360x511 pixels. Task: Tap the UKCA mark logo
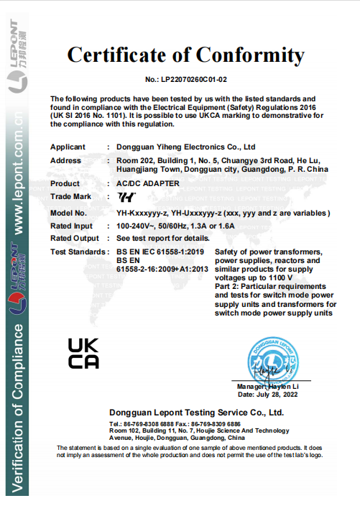[83, 353]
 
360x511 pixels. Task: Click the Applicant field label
[68, 147]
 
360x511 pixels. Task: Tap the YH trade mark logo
[126, 196]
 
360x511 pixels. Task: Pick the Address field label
[65, 160]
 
